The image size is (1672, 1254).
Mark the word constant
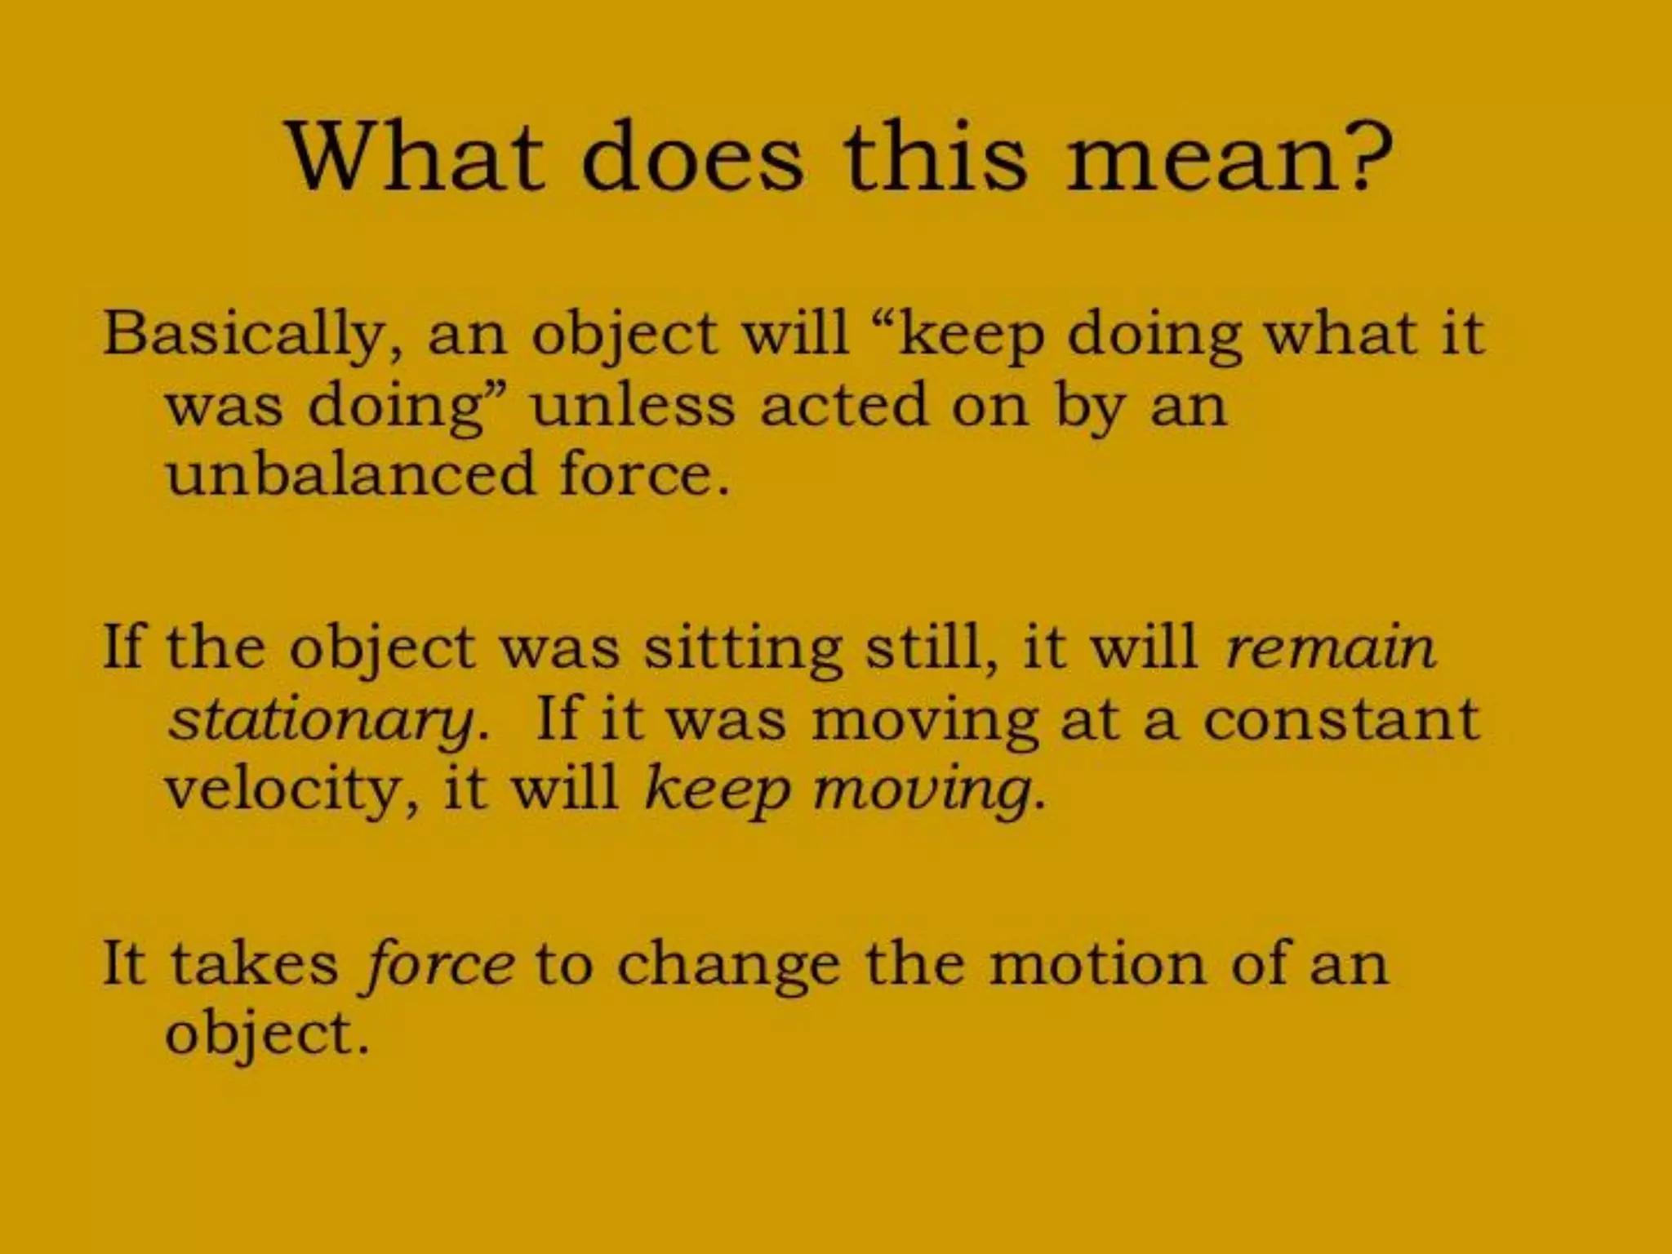[1341, 719]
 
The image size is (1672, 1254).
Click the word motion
[1097, 964]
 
